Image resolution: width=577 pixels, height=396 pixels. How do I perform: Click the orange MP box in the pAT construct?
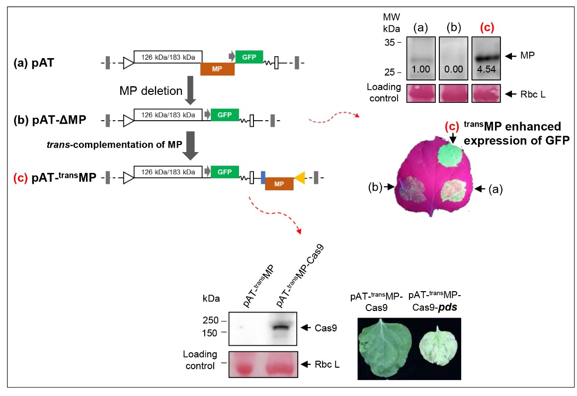click(x=217, y=69)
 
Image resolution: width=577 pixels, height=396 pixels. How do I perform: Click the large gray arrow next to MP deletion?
click(x=189, y=92)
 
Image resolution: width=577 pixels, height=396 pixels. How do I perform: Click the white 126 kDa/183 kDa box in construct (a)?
click(x=168, y=57)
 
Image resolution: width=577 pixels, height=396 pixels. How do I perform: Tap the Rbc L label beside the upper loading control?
click(x=532, y=94)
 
